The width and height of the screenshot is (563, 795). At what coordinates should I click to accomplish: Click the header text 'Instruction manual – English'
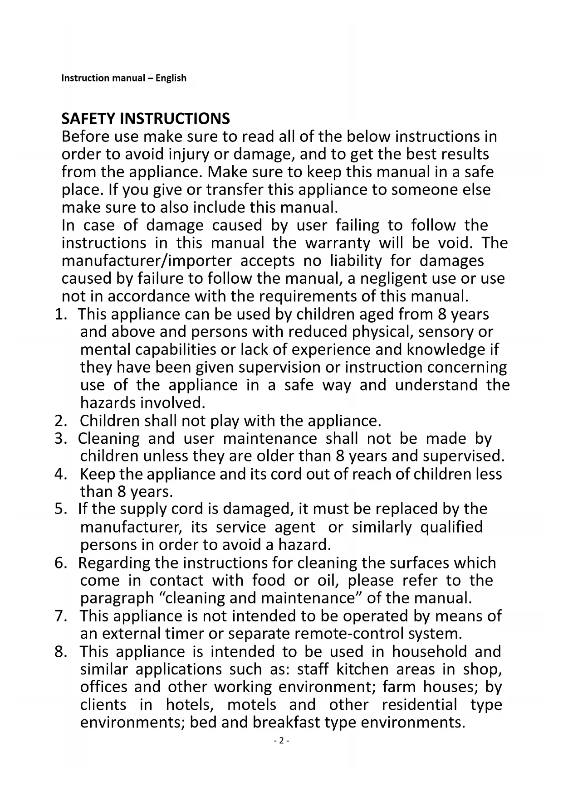[x=124, y=78]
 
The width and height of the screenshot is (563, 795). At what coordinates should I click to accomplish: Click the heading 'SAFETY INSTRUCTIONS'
[x=146, y=119]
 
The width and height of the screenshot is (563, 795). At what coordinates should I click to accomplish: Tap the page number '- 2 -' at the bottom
[x=281, y=741]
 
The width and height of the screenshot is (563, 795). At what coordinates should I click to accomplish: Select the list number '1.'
[x=60, y=314]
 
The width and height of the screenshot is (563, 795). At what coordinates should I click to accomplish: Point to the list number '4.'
[x=61, y=474]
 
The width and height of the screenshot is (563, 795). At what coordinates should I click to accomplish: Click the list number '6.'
[x=61, y=563]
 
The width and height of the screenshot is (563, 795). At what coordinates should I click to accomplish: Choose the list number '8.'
[x=61, y=652]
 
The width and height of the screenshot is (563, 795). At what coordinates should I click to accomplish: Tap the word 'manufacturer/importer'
[x=147, y=261]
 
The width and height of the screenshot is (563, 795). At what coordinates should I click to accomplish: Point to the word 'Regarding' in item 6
[x=114, y=563]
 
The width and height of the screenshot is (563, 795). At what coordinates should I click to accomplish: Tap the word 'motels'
[x=251, y=705]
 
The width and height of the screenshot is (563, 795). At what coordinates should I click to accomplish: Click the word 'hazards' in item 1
[x=108, y=402]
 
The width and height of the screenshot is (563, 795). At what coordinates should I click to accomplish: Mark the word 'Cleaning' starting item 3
[x=109, y=438]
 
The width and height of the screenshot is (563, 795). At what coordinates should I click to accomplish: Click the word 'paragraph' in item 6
[x=117, y=598]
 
